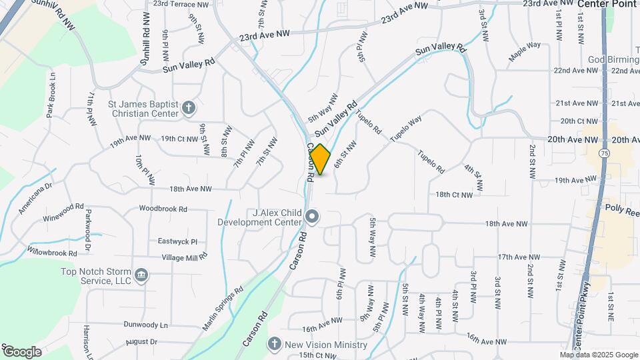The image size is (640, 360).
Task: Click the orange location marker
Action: [x=321, y=159]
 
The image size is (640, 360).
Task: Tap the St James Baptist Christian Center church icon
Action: [x=189, y=107]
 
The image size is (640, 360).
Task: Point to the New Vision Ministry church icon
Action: [x=273, y=345]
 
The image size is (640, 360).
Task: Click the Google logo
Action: [x=22, y=351]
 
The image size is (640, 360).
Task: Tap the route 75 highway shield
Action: [x=603, y=153]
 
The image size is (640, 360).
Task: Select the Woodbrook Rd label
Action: [x=163, y=209]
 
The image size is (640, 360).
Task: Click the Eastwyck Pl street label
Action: [x=177, y=241]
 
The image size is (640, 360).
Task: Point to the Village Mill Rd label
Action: [x=183, y=257]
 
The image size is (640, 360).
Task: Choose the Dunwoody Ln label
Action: [x=145, y=325]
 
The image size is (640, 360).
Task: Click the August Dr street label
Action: [x=141, y=341]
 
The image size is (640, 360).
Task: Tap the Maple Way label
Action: [x=524, y=53]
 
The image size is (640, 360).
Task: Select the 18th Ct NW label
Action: [x=454, y=195]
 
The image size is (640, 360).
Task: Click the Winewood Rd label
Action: [x=64, y=207]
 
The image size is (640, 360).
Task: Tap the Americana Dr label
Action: [x=35, y=199]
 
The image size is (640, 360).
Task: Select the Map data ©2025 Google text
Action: [x=599, y=355]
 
